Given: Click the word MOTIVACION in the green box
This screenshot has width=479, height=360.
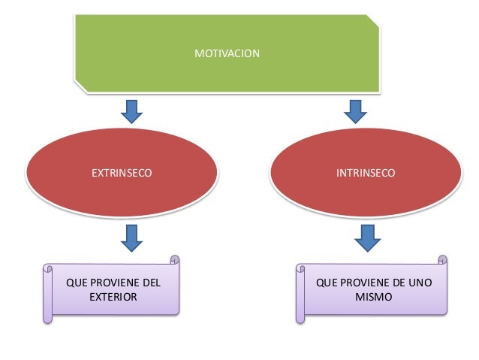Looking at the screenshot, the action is click(227, 54).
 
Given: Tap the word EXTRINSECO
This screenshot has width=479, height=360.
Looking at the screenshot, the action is click(121, 173).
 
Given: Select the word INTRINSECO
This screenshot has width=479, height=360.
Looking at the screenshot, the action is click(366, 173).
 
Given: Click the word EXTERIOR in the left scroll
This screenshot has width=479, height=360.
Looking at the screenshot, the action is click(113, 297).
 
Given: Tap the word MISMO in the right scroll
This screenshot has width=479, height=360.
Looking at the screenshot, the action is click(373, 297).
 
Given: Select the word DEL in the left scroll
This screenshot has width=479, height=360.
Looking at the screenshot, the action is click(151, 283).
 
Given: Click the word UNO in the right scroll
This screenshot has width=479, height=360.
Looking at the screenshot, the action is click(419, 283).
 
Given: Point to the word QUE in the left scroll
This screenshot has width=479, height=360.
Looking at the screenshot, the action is click(76, 283).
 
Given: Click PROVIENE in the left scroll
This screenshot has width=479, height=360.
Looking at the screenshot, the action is click(113, 283).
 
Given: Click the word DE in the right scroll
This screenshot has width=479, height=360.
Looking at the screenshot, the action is click(396, 283).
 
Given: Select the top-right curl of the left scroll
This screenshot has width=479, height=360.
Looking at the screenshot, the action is click(176, 259).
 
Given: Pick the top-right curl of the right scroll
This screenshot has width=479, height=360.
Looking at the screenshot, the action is click(443, 259).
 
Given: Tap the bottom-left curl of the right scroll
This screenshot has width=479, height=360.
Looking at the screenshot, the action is click(302, 319).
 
